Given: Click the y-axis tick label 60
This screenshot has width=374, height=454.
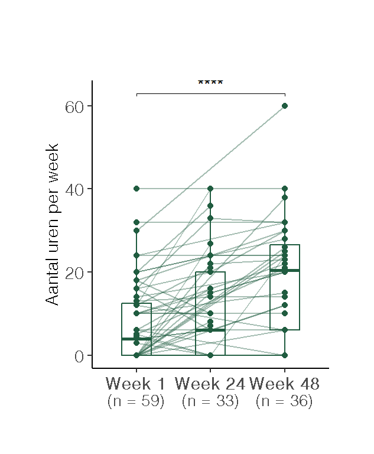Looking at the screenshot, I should click(x=75, y=106).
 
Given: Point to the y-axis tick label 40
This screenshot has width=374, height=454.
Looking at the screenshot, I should click(x=75, y=189).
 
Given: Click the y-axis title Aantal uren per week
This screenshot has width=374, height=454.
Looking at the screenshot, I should click(x=52, y=224).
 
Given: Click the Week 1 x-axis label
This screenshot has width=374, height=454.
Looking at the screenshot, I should click(x=136, y=383).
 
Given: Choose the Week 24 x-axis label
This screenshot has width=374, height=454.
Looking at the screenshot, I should click(x=210, y=383).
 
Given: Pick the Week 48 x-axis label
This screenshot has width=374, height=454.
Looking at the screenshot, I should click(x=284, y=383).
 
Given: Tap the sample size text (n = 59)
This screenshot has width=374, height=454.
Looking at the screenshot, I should click(x=136, y=401).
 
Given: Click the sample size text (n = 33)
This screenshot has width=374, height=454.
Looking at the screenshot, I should click(x=210, y=401).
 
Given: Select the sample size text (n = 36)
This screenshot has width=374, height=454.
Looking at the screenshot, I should click(x=284, y=401).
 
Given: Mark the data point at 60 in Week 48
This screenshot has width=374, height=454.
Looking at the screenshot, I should click(x=285, y=106).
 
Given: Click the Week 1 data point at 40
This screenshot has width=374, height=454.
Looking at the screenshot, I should click(x=136, y=189).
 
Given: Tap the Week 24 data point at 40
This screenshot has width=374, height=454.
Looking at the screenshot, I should click(x=210, y=189).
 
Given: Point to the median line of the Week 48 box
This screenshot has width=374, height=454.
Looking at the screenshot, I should click(x=285, y=270).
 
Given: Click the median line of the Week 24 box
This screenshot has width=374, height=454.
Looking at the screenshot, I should click(x=210, y=330).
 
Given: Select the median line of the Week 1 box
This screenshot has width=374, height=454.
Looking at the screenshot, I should click(x=136, y=339).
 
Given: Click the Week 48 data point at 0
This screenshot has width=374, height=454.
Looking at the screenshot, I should click(x=285, y=355).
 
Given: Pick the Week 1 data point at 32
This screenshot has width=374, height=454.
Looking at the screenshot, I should click(x=136, y=222).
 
